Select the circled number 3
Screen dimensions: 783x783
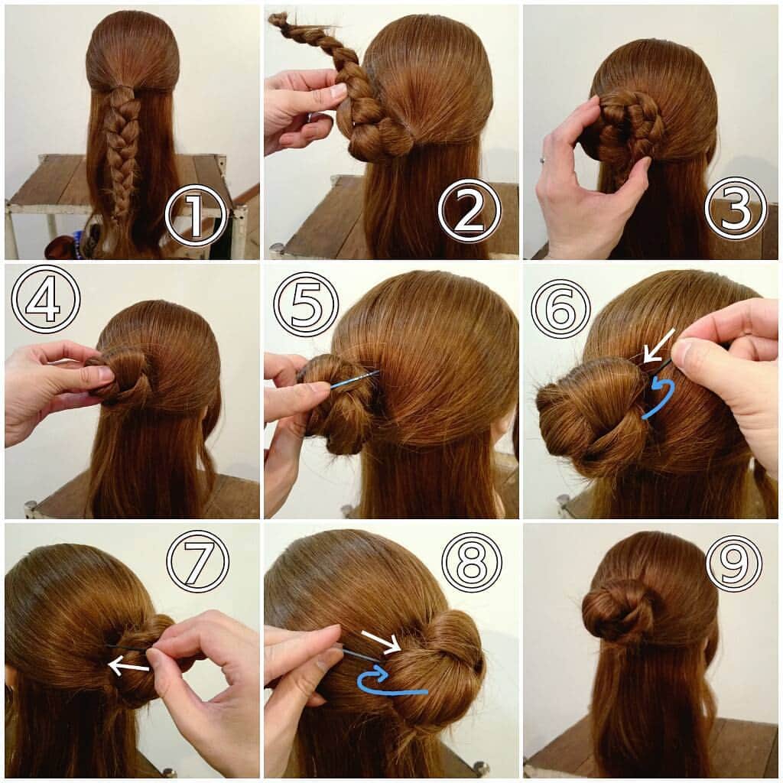[x=735, y=208]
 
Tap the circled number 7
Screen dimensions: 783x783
[x=197, y=560]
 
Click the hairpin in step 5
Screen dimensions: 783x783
[x=354, y=379]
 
